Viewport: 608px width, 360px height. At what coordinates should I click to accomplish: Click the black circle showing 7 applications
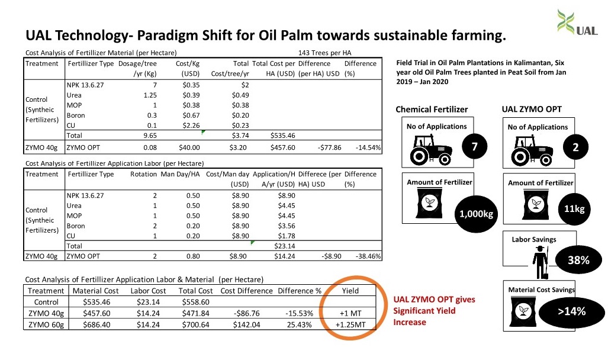pos(474,146)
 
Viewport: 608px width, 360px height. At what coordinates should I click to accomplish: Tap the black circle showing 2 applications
pos(575,147)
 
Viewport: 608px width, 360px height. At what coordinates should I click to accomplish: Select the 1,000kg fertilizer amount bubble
pos(476,214)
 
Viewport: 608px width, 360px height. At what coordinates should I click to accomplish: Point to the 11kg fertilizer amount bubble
pos(574,209)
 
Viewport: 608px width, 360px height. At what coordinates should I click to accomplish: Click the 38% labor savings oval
pos(579,259)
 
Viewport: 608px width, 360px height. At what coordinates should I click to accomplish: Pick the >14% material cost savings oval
pos(572,311)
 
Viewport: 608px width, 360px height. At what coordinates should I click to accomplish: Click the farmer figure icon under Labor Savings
pos(540,262)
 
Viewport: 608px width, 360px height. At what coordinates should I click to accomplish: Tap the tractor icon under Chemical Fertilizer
pos(431,150)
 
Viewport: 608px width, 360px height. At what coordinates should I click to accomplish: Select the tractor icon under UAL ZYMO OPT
pos(532,150)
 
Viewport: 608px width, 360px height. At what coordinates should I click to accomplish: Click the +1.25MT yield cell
pos(350,324)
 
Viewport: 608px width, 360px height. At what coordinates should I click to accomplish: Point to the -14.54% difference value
pos(368,148)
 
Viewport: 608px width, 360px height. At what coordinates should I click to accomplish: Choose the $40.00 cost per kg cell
pos(189,148)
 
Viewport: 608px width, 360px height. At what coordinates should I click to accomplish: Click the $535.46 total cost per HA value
pos(282,136)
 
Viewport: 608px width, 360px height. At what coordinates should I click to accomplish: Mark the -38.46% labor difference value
pos(368,256)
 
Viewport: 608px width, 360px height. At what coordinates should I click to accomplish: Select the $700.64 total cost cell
pos(195,324)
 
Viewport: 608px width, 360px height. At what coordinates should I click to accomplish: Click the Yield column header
pos(350,291)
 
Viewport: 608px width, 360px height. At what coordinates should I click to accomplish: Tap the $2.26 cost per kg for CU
pos(191,126)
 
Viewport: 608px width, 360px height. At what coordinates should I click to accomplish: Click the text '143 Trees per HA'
pos(324,53)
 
